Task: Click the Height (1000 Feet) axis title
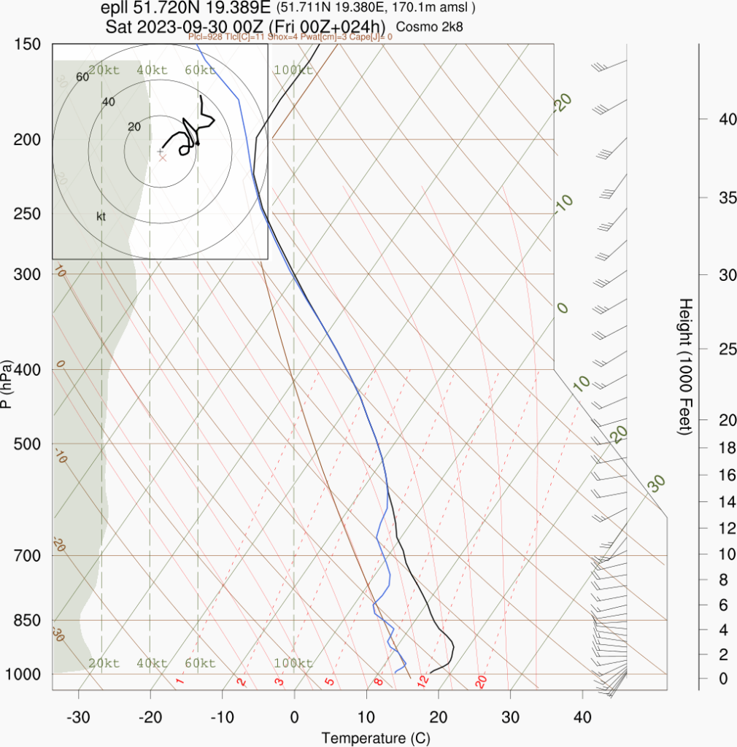684,366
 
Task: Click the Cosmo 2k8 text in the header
430,27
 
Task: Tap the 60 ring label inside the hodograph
82,77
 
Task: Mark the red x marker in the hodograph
163,158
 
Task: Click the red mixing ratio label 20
481,681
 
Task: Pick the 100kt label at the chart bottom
293,663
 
